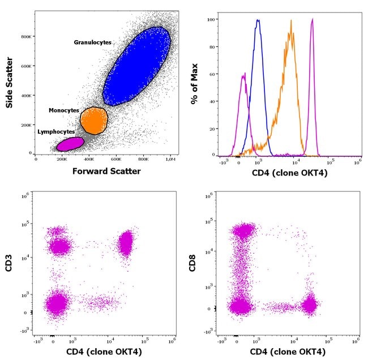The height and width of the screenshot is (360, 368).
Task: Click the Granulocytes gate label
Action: coord(92,42)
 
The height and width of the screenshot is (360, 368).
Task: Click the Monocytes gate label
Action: coord(63,110)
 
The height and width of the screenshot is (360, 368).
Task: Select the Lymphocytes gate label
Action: coord(56,132)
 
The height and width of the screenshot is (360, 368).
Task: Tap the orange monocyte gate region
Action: coord(93,120)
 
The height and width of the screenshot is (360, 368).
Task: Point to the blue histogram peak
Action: coord(258,21)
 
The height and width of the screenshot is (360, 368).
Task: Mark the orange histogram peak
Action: coord(291,22)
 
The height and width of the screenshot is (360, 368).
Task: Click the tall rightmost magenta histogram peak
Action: coord(313,20)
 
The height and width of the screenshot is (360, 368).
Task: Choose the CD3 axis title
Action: coord(10,265)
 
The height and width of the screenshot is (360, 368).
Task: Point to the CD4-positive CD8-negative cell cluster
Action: coord(309,306)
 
